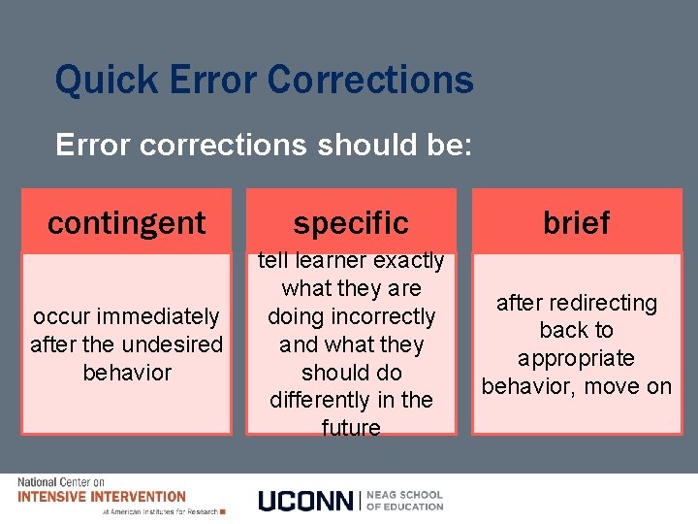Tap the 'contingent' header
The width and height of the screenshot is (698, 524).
pyautogui.click(x=127, y=222)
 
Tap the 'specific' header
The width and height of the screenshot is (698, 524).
pyautogui.click(x=350, y=222)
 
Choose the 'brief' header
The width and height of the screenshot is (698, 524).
pyautogui.click(x=576, y=222)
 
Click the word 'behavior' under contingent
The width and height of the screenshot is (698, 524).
pyautogui.click(x=127, y=373)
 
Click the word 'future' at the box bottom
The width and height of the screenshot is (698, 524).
pyautogui.click(x=350, y=428)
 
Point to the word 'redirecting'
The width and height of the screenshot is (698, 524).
pyautogui.click(x=603, y=303)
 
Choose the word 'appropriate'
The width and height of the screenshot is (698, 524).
pyautogui.click(x=576, y=358)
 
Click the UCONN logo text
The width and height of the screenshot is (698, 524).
pyautogui.click(x=306, y=501)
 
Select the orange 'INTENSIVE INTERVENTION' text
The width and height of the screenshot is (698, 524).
pyautogui.click(x=101, y=497)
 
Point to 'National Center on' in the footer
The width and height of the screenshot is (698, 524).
pyautogui.click(x=61, y=482)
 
